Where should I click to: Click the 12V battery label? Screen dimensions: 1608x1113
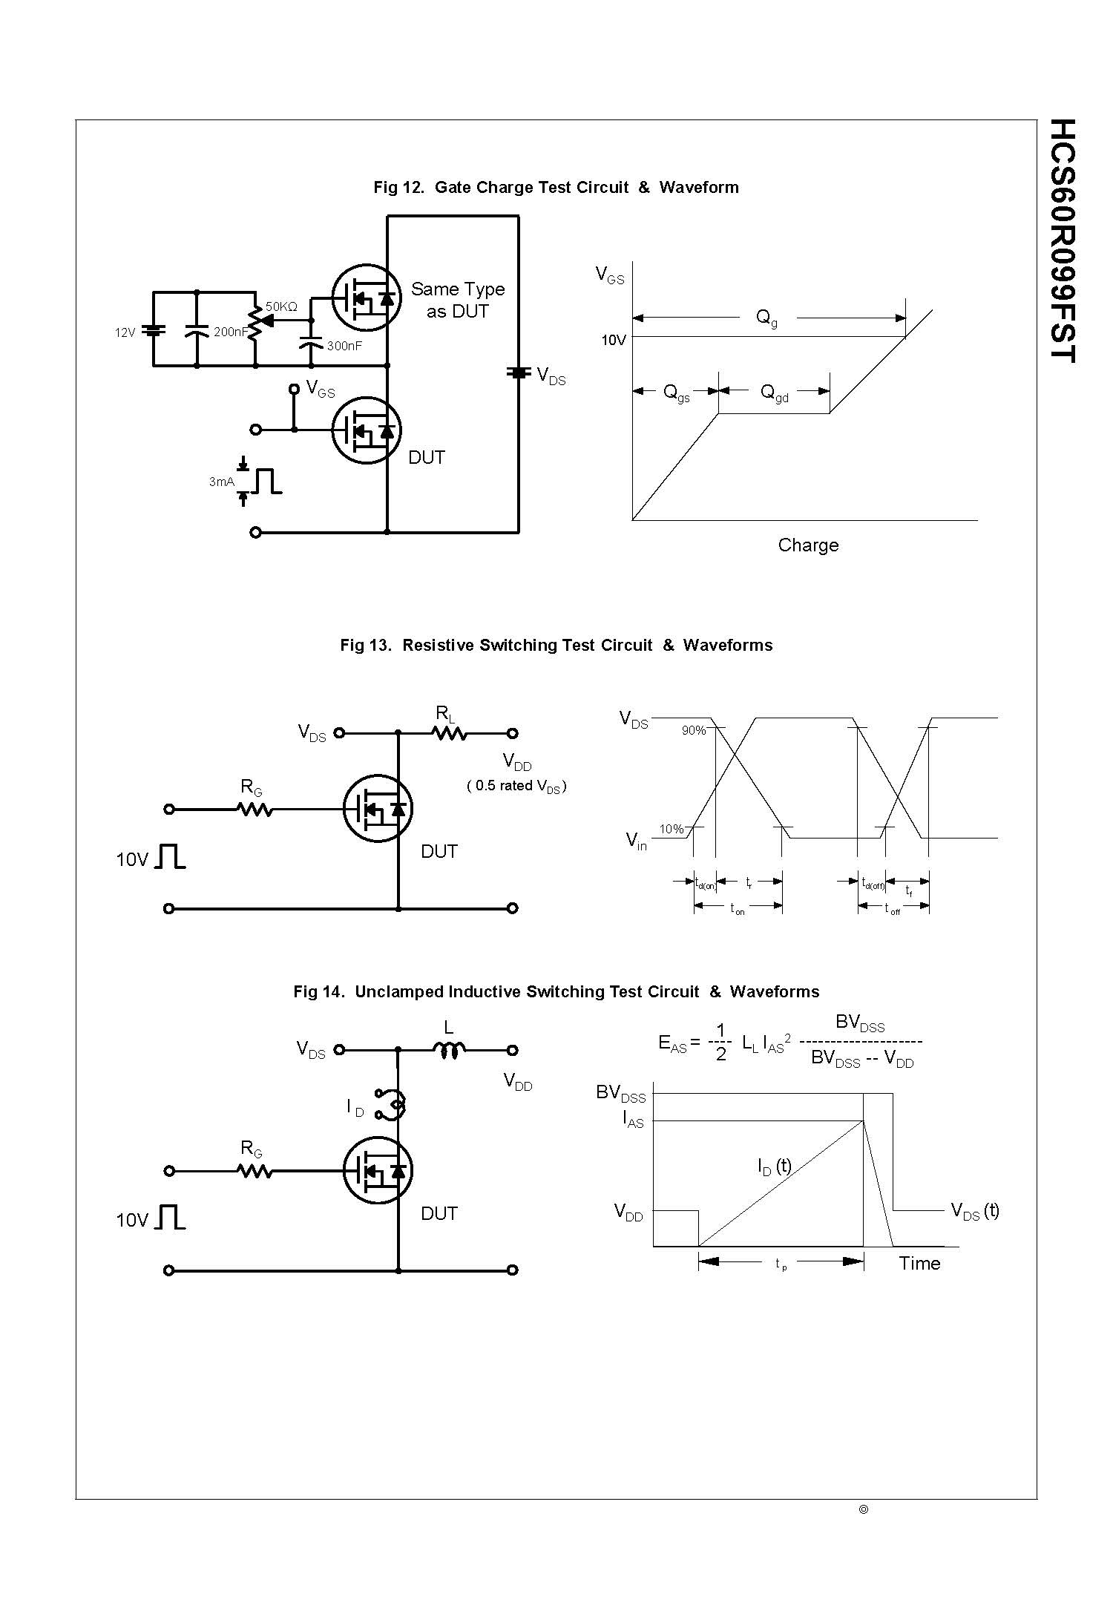tap(125, 332)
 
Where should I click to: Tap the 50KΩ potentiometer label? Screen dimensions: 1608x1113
tap(281, 306)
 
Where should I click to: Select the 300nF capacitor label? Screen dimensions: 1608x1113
tap(344, 346)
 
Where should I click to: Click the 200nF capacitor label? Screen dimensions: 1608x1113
tap(230, 332)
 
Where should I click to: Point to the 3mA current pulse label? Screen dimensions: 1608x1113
tap(221, 482)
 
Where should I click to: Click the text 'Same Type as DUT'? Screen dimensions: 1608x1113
tap(457, 300)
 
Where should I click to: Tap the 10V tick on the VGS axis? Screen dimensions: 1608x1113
tap(613, 340)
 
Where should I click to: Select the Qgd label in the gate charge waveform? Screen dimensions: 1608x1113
tap(774, 393)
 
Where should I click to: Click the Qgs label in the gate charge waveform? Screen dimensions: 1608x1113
tap(676, 393)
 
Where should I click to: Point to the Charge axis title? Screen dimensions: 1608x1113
tap(808, 545)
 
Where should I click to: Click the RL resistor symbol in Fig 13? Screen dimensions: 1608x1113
tap(450, 733)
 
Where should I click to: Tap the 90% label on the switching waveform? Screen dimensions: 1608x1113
tap(693, 730)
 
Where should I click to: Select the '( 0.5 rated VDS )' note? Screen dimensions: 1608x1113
tap(516, 786)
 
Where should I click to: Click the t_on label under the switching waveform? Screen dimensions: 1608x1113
tap(737, 908)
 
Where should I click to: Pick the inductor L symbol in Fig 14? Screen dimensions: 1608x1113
tap(450, 1049)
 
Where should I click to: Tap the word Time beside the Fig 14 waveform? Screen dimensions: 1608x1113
tap(919, 1263)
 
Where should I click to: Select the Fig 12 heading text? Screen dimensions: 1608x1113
tap(556, 187)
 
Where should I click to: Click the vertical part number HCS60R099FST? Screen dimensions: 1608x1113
tap(1063, 240)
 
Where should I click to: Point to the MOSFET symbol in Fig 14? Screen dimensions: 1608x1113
tap(378, 1170)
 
